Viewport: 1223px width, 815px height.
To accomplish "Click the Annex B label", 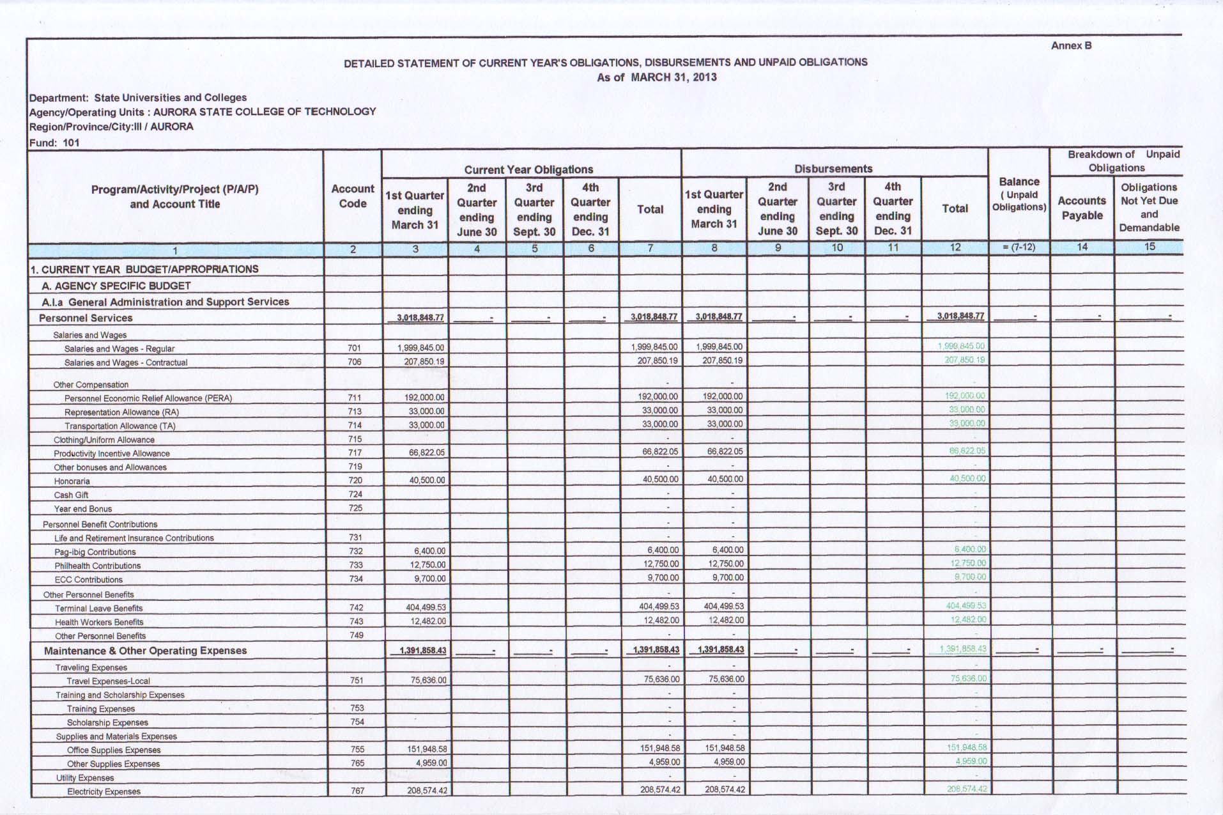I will point(1071,45).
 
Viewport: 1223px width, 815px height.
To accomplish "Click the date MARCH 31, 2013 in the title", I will point(673,77).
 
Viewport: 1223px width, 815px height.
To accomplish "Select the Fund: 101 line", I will point(54,143).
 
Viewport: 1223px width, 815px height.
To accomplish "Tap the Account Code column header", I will point(353,196).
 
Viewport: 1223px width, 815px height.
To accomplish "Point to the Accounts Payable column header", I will point(1081,208).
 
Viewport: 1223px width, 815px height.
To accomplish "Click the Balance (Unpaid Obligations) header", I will point(1019,194).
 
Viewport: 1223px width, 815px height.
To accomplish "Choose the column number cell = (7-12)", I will point(1019,247).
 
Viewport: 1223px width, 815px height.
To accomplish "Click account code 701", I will point(354,348).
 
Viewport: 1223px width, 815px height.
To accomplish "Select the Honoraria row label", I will point(72,481).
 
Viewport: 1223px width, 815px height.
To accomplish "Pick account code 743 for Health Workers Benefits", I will point(356,621).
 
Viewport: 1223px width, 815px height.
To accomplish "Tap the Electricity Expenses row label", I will point(104,791).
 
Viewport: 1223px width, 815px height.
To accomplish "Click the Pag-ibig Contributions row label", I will point(95,552).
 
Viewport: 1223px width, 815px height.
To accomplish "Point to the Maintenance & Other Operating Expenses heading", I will point(145,651).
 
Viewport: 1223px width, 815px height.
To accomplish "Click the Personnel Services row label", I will point(86,318).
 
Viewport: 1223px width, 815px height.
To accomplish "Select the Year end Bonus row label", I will point(82,509).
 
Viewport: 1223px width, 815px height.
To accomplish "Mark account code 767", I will point(357,791).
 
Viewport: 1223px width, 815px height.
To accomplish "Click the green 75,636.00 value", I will point(968,678).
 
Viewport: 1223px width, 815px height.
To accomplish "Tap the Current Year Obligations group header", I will point(528,169).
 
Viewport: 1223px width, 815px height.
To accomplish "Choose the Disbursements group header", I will point(833,169).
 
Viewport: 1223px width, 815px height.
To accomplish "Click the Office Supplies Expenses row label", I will point(114,750).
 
